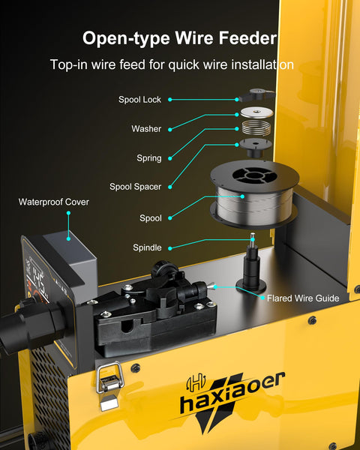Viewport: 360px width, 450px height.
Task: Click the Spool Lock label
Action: [139, 99]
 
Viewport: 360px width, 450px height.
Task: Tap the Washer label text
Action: [146, 129]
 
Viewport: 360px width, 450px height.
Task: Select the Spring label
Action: [148, 158]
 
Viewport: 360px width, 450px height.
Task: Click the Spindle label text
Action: [147, 247]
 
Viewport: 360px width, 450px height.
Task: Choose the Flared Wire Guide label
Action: [303, 298]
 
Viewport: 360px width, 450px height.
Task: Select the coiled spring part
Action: [255, 128]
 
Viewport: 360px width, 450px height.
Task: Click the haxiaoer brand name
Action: [233, 396]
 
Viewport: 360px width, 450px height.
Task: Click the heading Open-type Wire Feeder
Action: [180, 38]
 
